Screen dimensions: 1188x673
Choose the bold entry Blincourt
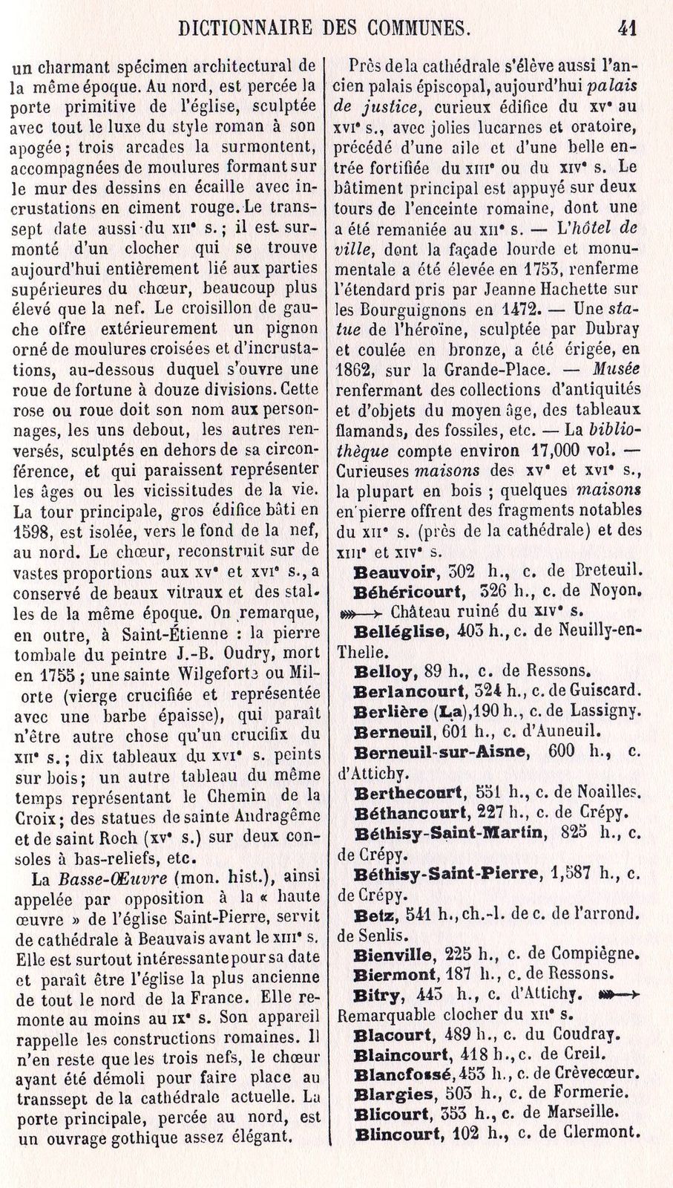click(399, 1134)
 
